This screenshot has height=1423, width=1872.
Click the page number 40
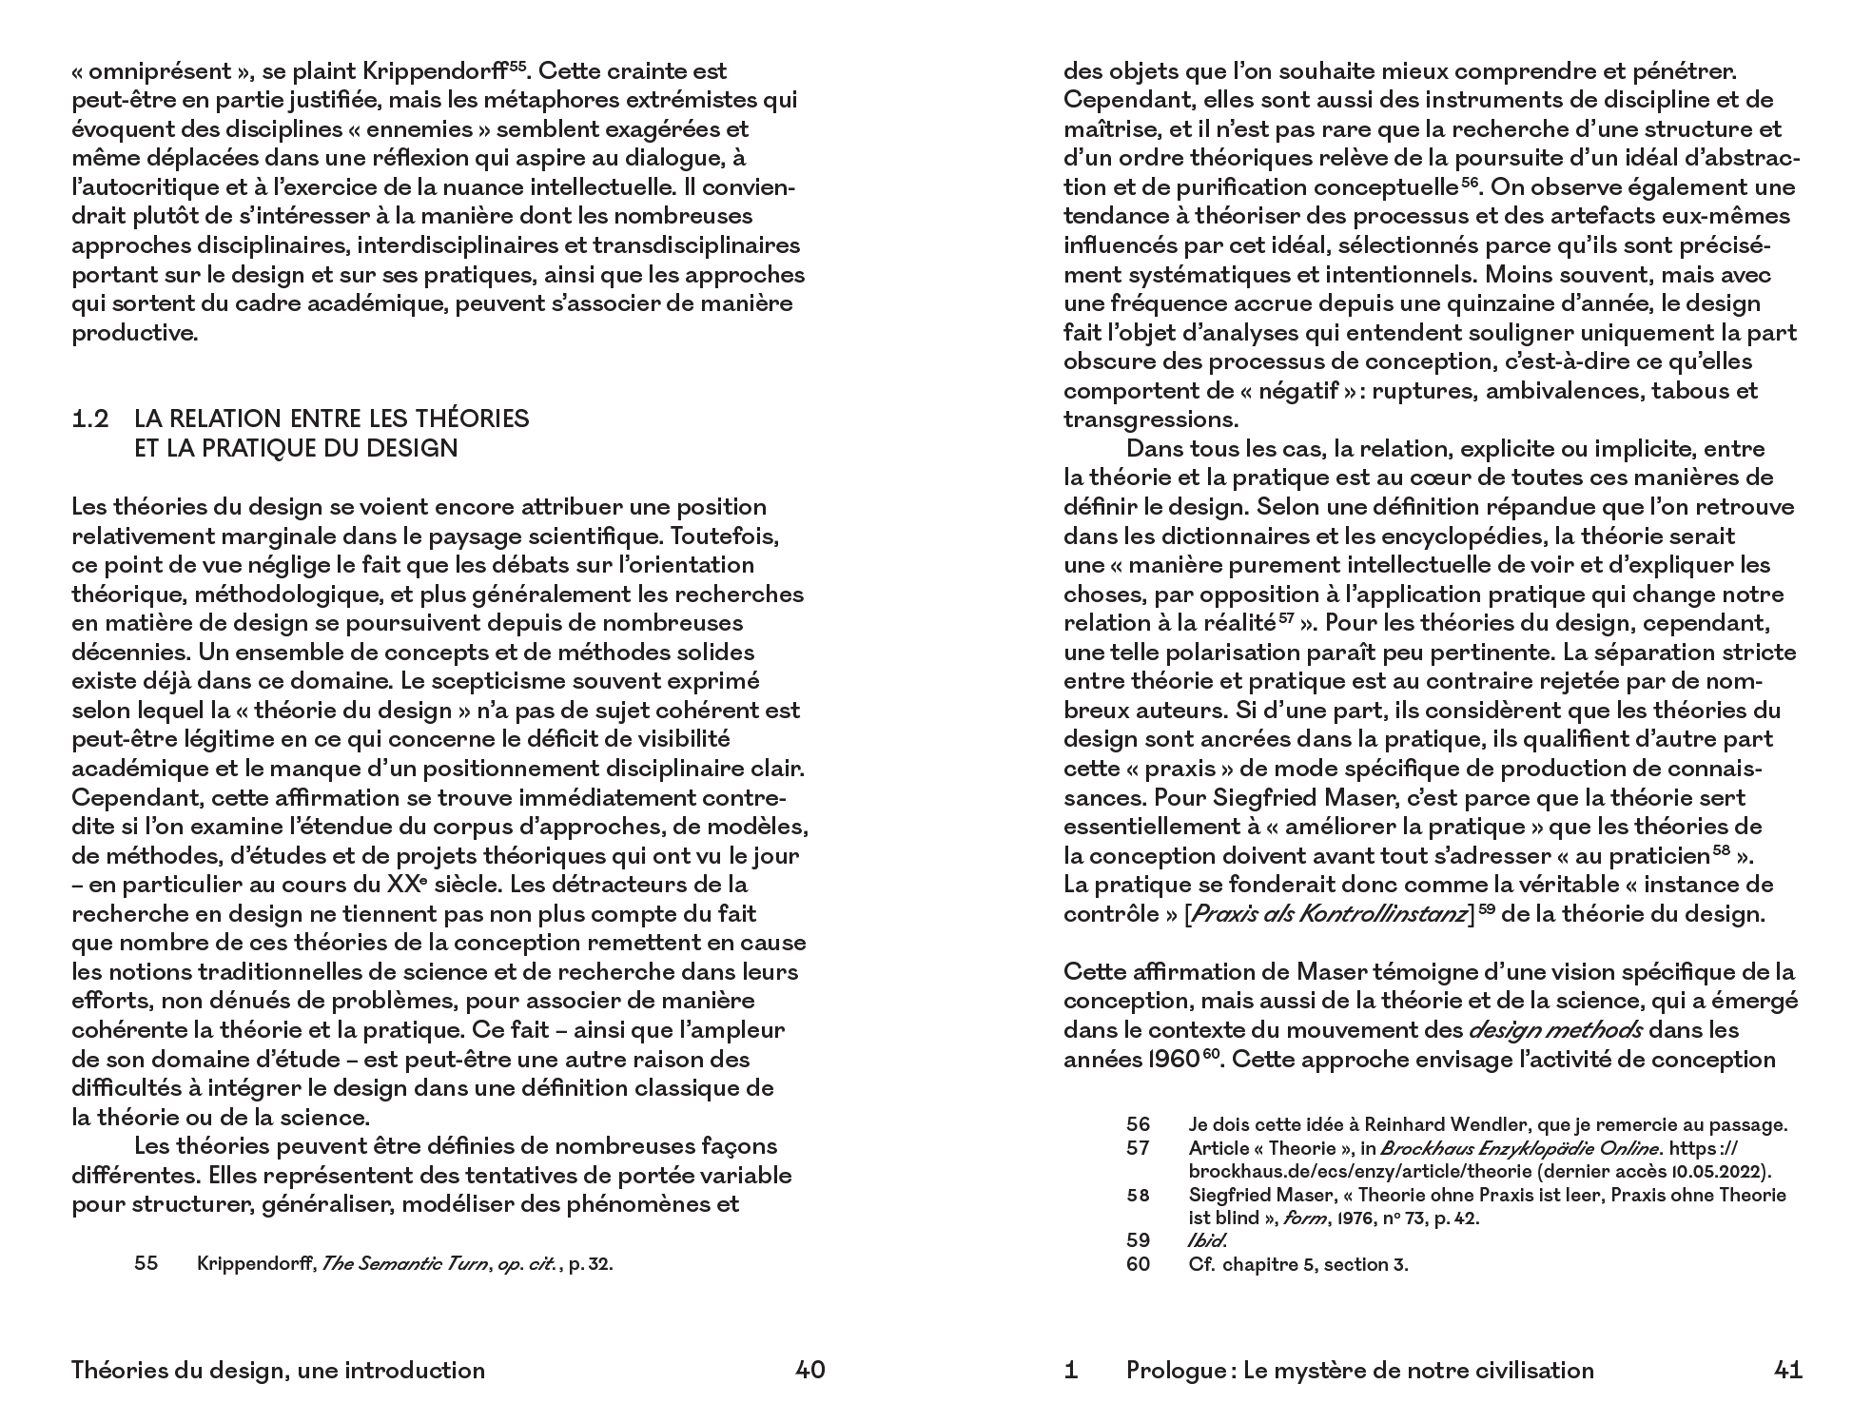click(x=809, y=1370)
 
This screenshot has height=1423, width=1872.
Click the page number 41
click(x=1788, y=1370)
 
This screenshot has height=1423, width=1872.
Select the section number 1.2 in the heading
click(x=91, y=419)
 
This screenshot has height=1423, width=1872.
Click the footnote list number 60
click(x=1138, y=1264)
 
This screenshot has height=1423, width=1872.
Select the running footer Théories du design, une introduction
click(x=278, y=1370)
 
